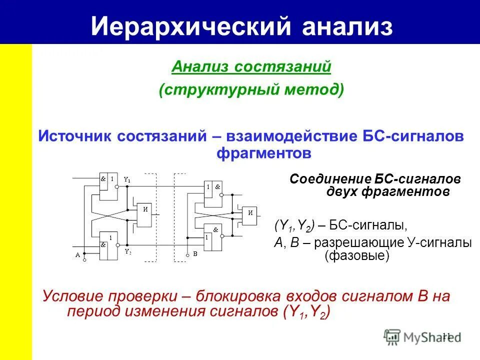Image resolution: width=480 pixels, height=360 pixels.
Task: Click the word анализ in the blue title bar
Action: tap(346, 26)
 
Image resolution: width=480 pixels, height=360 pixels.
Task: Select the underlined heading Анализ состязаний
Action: tap(251, 66)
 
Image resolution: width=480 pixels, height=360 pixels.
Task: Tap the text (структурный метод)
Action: tap(251, 90)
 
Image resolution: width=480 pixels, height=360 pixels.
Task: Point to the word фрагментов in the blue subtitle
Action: tap(263, 152)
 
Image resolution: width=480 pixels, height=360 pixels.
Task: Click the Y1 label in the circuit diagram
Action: tap(127, 179)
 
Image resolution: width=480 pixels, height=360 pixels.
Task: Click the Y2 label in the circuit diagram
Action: tap(127, 251)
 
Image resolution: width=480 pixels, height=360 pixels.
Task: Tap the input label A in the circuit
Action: tap(77, 254)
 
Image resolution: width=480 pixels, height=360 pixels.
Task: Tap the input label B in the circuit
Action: tap(195, 254)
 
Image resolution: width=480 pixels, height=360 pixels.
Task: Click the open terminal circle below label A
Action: tap(84, 260)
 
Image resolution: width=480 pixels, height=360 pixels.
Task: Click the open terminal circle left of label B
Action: tap(187, 254)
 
